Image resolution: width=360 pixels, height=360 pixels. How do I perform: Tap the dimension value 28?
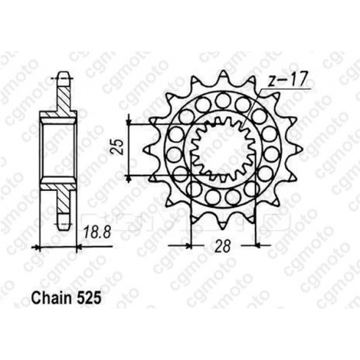tap(223, 246)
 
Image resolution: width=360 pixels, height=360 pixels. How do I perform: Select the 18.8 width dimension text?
tap(97, 232)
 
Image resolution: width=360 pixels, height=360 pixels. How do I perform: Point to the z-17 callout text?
tap(287, 79)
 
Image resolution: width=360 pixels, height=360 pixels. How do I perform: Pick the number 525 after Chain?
tap(89, 298)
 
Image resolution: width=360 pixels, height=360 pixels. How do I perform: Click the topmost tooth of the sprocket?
tap(223, 75)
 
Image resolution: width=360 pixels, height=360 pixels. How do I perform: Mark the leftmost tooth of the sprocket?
tap(148, 149)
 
